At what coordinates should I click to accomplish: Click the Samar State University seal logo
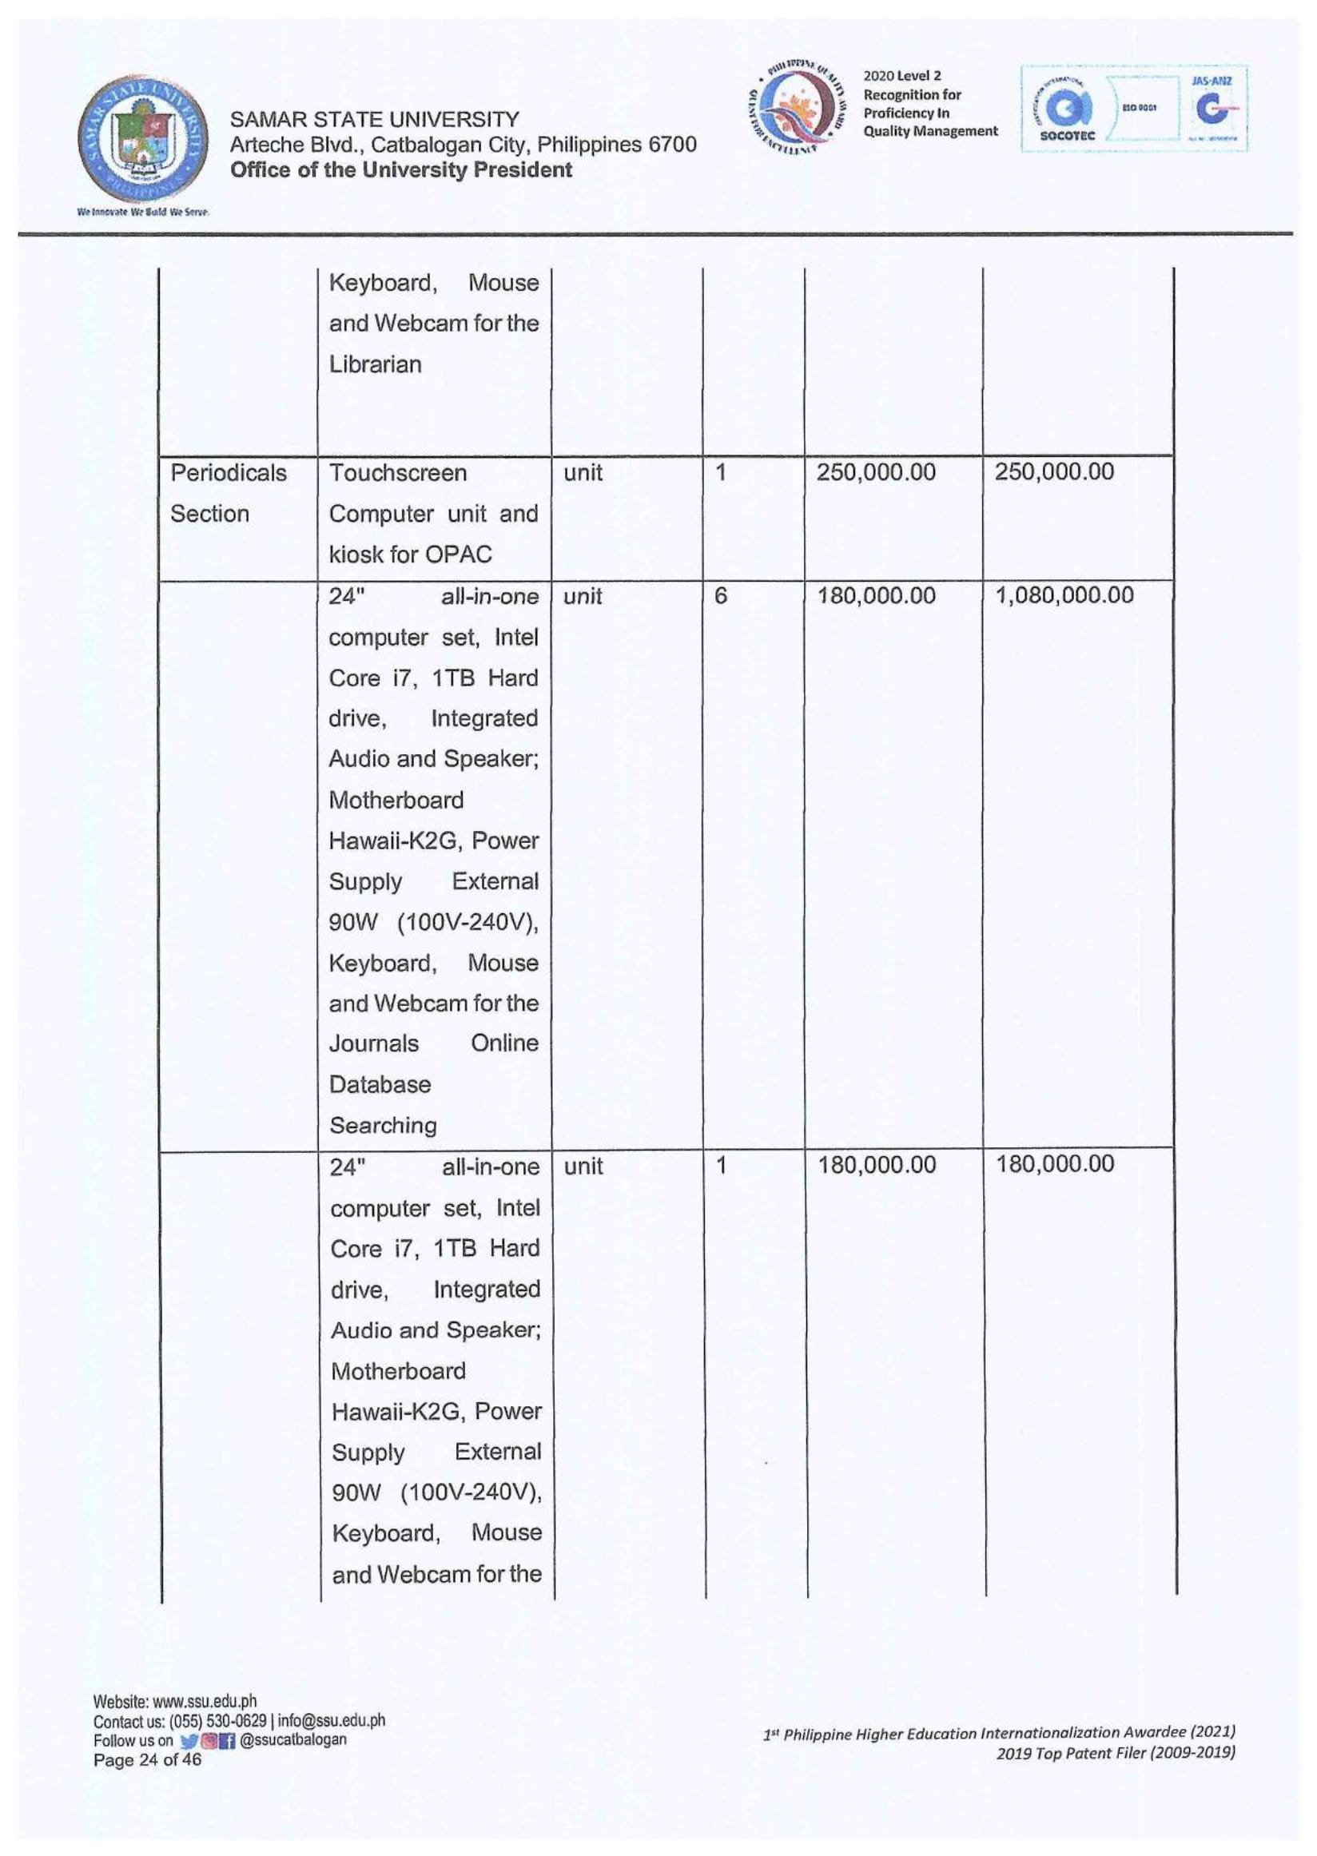[143, 138]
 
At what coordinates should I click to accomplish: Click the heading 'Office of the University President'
[401, 170]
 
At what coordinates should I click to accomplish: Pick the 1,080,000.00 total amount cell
[1064, 596]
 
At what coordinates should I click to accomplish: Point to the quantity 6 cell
[720, 596]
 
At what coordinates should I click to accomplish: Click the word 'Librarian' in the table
[375, 365]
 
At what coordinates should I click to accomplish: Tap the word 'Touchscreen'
[397, 473]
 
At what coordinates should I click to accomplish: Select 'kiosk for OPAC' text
[410, 554]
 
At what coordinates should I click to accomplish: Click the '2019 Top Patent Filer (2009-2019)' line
[1115, 1753]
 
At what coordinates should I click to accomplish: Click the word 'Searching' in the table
[383, 1126]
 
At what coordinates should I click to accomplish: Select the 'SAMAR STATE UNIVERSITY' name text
[375, 120]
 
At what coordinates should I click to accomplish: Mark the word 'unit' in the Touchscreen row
[583, 473]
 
